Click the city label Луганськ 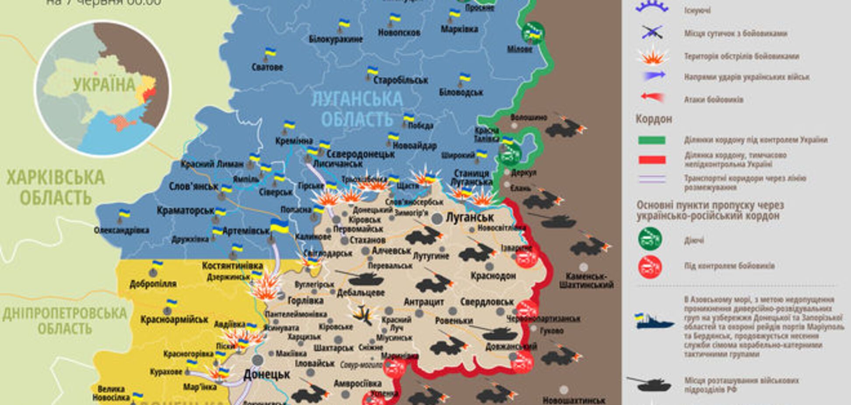pos(469,217)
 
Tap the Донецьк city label pos(267,375)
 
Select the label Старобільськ pos(401,80)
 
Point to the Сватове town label pos(267,67)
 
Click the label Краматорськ pos(186,211)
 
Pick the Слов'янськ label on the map pos(193,186)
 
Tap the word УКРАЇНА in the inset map pos(104,85)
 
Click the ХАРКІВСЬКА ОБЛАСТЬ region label pos(56,188)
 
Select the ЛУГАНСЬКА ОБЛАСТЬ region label pos(357,109)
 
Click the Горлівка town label pos(306,301)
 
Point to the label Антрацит pos(424,302)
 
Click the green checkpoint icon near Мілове pos(533,32)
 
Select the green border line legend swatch pos(652,140)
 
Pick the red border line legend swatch pos(652,160)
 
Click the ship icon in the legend pos(654,322)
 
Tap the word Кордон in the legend pos(654,119)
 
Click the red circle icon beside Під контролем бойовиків pos(650,267)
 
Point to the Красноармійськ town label pos(174,320)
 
